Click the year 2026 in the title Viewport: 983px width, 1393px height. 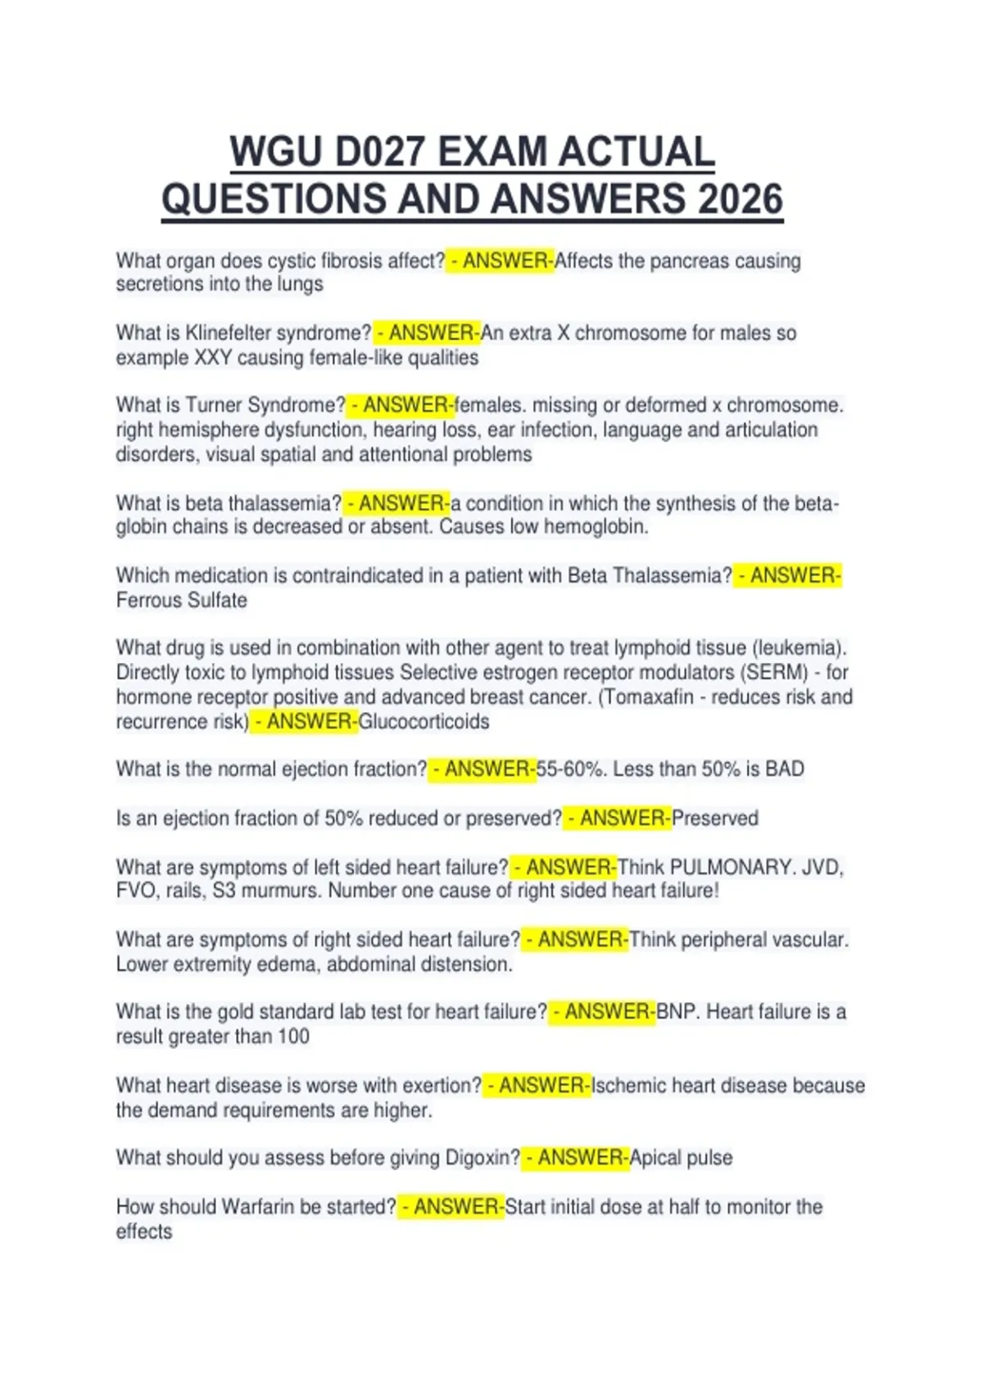(x=740, y=199)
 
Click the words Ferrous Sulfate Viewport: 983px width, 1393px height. (x=182, y=601)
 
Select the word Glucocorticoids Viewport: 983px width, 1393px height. (x=424, y=722)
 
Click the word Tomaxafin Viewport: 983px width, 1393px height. (x=653, y=697)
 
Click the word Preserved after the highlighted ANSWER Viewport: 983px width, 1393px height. (x=715, y=819)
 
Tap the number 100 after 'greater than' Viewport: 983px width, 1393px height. (x=293, y=1037)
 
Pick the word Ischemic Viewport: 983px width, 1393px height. (x=629, y=1086)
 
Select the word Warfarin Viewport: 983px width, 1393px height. (x=262, y=1207)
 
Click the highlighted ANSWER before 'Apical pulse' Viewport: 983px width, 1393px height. (x=578, y=1158)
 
